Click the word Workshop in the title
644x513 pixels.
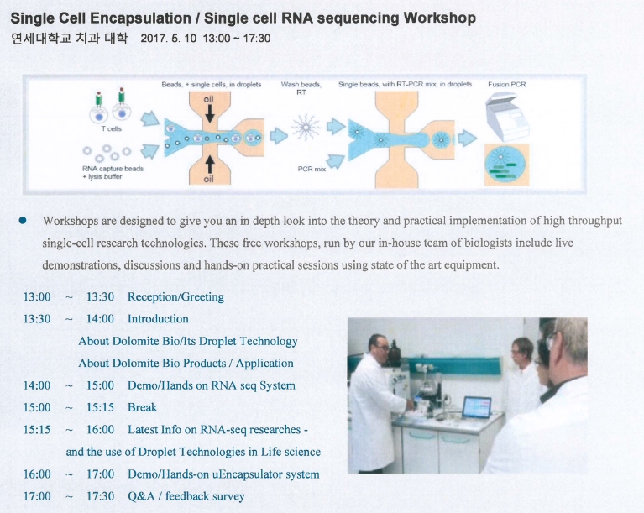[x=439, y=18]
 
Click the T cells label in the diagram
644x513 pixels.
[x=112, y=129]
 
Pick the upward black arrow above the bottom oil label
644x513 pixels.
[x=209, y=165]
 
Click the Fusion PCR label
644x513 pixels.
[x=507, y=85]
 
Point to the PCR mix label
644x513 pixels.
[x=312, y=169]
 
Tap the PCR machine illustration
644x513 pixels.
[x=507, y=117]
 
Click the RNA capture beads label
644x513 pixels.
[x=113, y=169]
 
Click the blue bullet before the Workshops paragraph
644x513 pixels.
[x=23, y=221]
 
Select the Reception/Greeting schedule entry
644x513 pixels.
[x=175, y=297]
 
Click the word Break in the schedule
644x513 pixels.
[x=142, y=407]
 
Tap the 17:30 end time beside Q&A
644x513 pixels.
[x=100, y=496]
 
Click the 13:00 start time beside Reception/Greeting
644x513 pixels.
[x=37, y=297]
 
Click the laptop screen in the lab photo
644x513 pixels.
[x=476, y=407]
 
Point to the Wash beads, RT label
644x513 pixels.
[x=301, y=88]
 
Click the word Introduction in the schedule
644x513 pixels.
[x=158, y=319]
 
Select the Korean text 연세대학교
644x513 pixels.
[x=41, y=39]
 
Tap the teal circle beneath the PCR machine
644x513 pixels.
[x=505, y=165]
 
